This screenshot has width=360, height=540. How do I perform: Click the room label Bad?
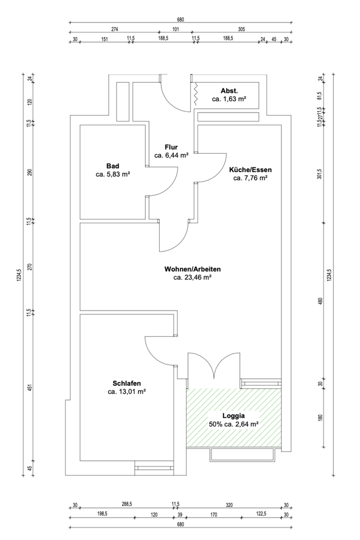[x=112, y=166]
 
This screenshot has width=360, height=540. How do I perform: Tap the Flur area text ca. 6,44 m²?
[x=171, y=156]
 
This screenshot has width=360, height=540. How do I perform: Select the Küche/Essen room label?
[x=250, y=170]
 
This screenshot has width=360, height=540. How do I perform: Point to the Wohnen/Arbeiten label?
[x=192, y=268]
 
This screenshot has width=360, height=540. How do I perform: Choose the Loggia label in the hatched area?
[x=233, y=416]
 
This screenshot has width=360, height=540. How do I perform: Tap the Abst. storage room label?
[x=229, y=90]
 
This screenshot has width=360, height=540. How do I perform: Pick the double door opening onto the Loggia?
[x=214, y=368]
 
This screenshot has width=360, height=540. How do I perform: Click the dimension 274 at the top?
[x=115, y=29]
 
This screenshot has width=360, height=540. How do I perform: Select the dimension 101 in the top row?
[x=175, y=29]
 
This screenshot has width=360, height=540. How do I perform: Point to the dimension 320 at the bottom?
[x=229, y=505]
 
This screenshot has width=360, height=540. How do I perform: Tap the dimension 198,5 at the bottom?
[x=102, y=514]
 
